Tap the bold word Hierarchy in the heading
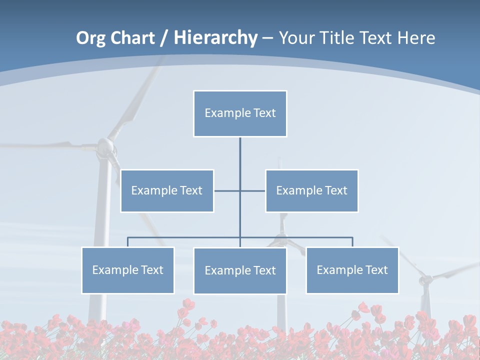click(215, 38)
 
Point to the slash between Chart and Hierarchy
click(164, 38)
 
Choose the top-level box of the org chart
click(240, 113)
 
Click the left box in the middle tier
click(167, 190)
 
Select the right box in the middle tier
click(312, 190)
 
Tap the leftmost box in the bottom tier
click(128, 270)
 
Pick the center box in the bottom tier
click(240, 270)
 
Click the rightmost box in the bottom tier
click(352, 270)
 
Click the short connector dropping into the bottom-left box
click(128, 242)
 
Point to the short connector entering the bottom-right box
click(352, 242)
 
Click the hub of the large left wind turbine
click(105, 146)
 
